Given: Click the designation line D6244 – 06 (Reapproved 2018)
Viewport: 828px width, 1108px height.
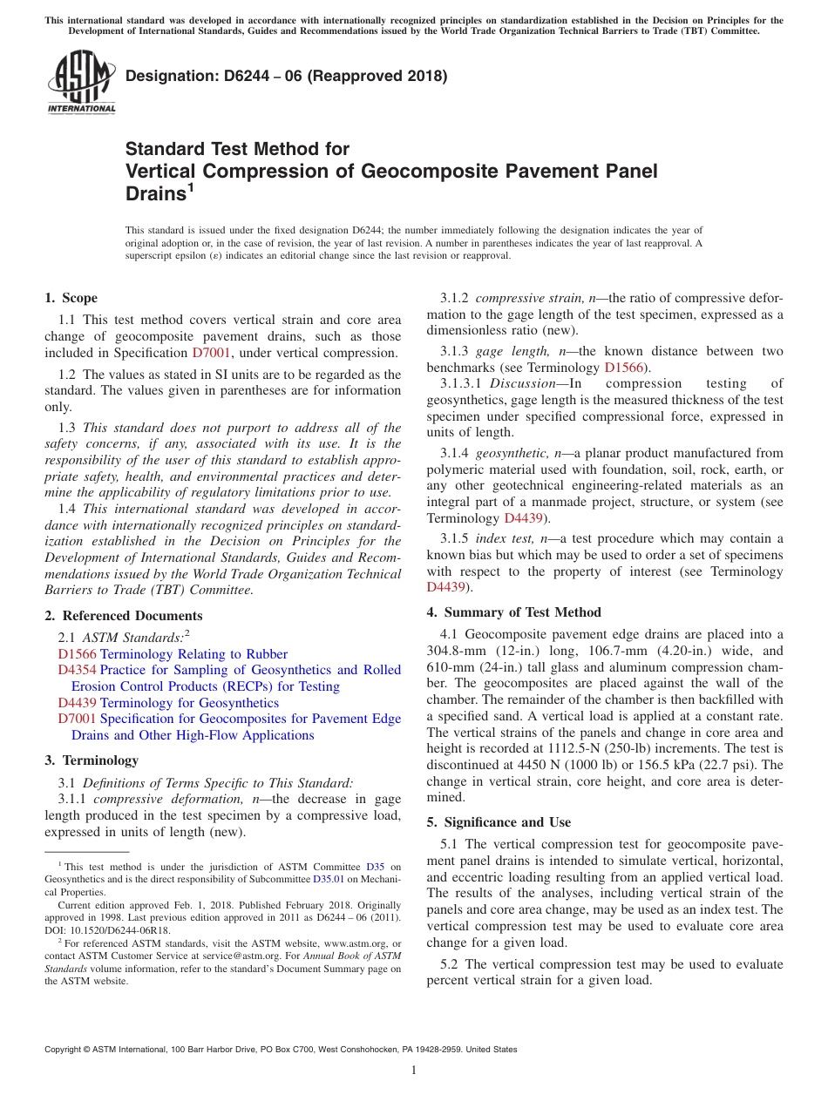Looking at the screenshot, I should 286,76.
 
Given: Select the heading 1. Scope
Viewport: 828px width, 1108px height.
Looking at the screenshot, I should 71,298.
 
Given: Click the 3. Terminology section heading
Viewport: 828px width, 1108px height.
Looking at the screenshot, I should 92,760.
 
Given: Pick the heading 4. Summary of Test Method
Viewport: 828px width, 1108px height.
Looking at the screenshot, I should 513,612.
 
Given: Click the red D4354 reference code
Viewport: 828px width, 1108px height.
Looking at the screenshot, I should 77,670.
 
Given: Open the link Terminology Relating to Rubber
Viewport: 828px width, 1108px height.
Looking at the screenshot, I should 193,654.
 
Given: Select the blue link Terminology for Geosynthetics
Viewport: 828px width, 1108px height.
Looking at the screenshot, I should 189,703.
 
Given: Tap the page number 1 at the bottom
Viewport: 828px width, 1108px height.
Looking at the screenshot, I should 414,1070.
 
